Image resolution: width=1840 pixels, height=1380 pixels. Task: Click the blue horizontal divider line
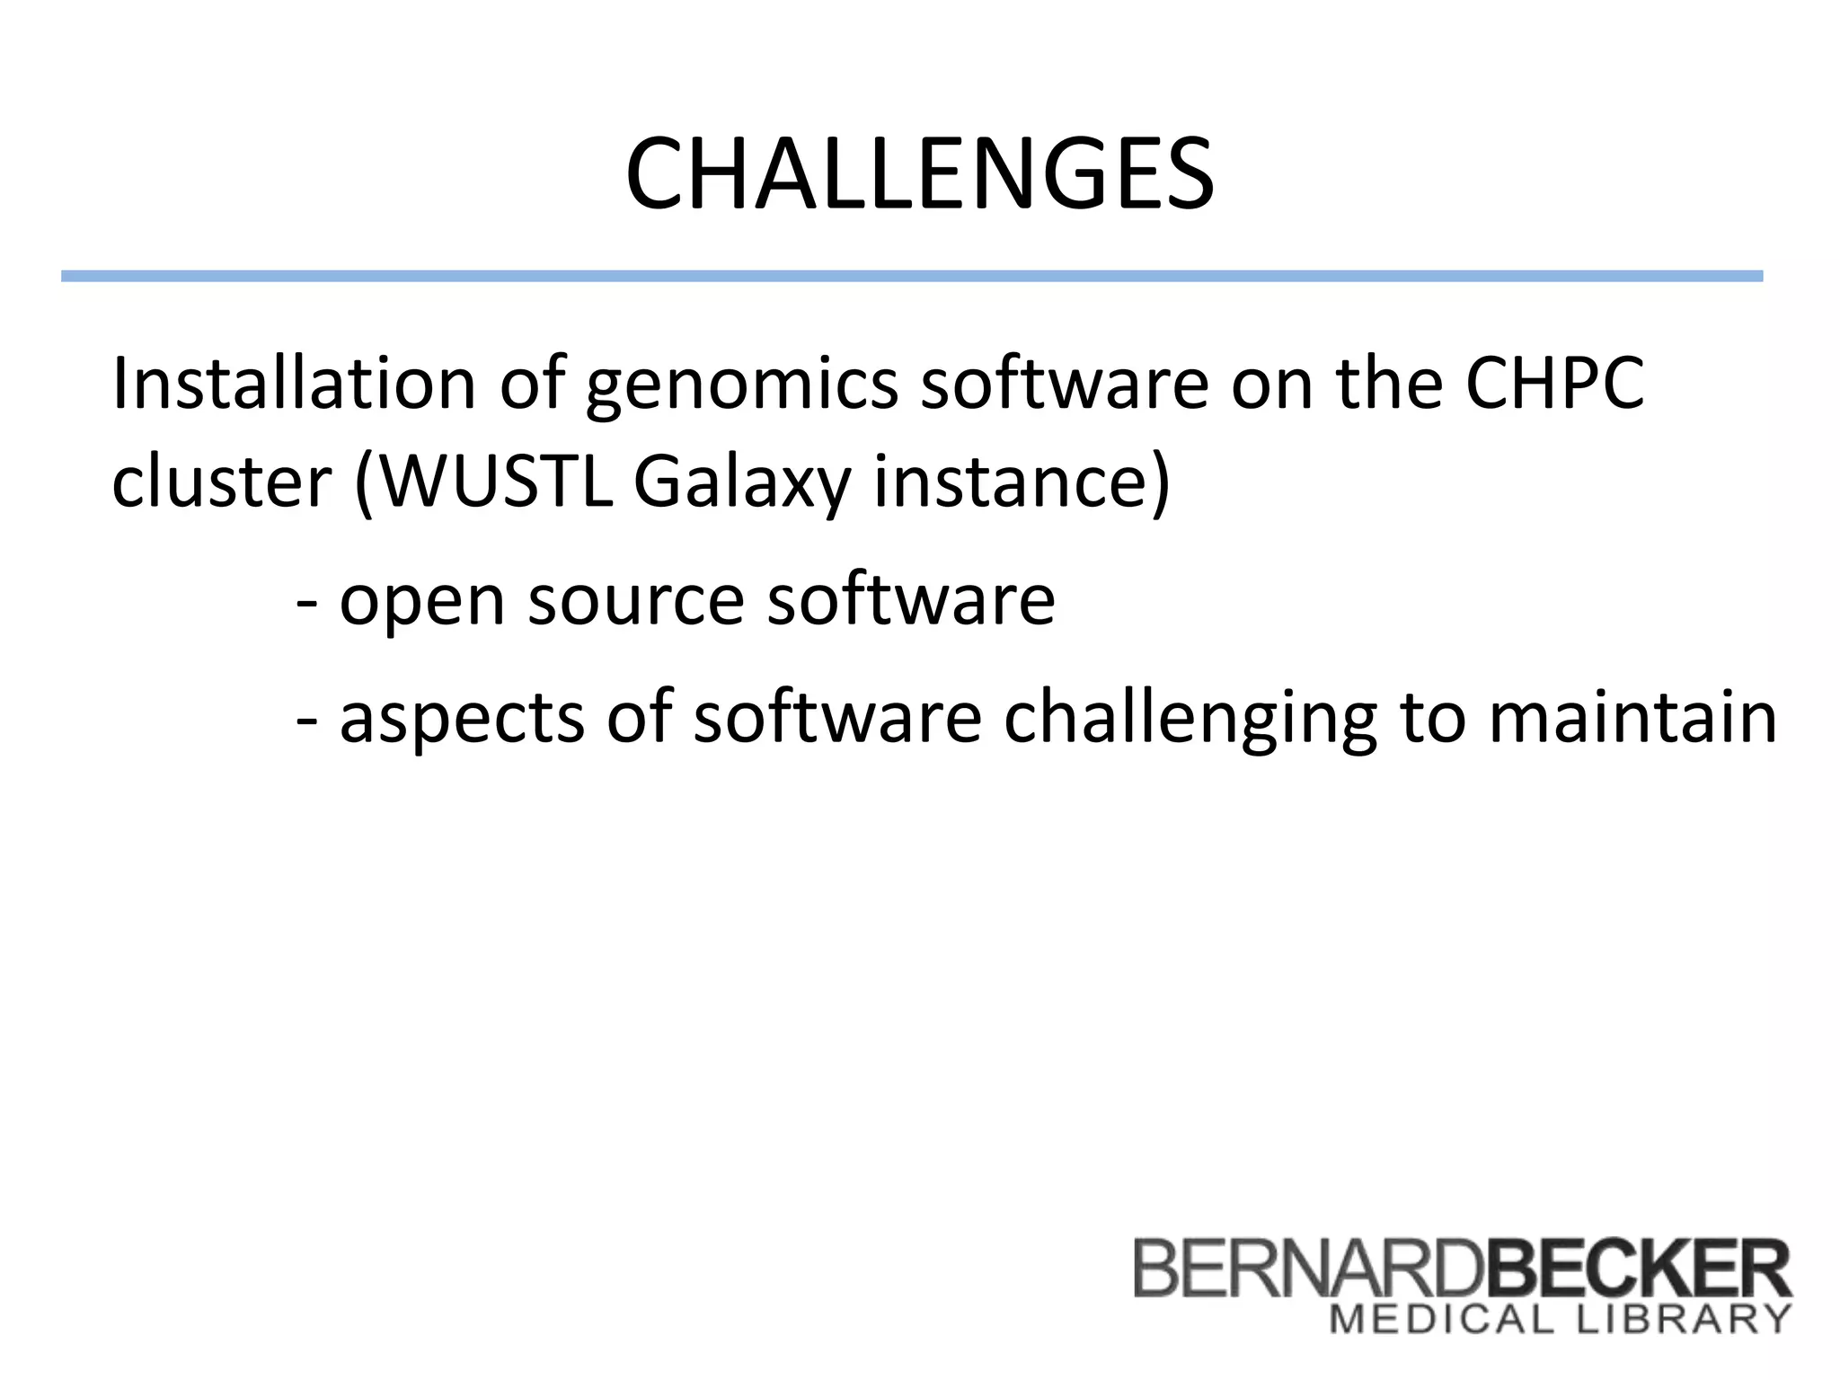[911, 276]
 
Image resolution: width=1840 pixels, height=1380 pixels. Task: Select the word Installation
[293, 385]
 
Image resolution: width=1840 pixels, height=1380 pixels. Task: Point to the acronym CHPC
[1554, 385]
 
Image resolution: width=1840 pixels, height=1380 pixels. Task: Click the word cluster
[221, 483]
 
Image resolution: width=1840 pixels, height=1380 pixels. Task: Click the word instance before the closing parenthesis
[1011, 483]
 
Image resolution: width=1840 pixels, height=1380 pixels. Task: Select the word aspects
[462, 719]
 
